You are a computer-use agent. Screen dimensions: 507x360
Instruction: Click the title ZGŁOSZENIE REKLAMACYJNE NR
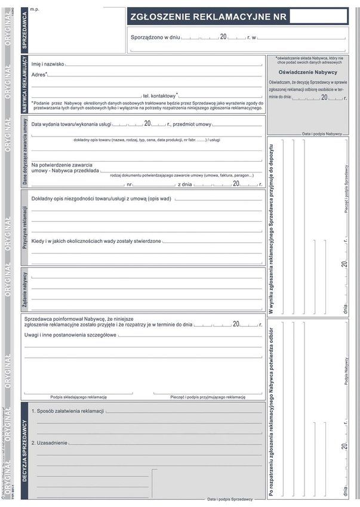coord(206,17)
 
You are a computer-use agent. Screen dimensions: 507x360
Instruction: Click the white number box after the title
coord(318,16)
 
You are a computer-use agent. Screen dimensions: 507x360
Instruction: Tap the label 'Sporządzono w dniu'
coord(155,38)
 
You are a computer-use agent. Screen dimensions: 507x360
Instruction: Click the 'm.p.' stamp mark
coord(35,10)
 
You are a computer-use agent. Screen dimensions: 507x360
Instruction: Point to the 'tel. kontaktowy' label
coord(160,95)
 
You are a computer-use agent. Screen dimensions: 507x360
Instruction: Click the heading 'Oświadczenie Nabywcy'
coord(307,72)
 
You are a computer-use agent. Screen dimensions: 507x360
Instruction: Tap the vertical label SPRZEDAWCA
coord(24,30)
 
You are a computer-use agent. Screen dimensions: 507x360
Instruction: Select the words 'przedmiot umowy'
coord(192,124)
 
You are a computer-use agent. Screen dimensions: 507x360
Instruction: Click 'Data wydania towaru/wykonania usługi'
coord(71,124)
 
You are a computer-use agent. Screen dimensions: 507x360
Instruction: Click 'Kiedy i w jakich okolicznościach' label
coord(96,241)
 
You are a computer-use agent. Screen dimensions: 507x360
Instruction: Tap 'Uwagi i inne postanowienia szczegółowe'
coord(70,335)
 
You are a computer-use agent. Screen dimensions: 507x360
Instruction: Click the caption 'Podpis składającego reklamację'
coord(78,397)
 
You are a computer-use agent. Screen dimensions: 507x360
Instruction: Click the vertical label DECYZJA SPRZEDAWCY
coord(25,450)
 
